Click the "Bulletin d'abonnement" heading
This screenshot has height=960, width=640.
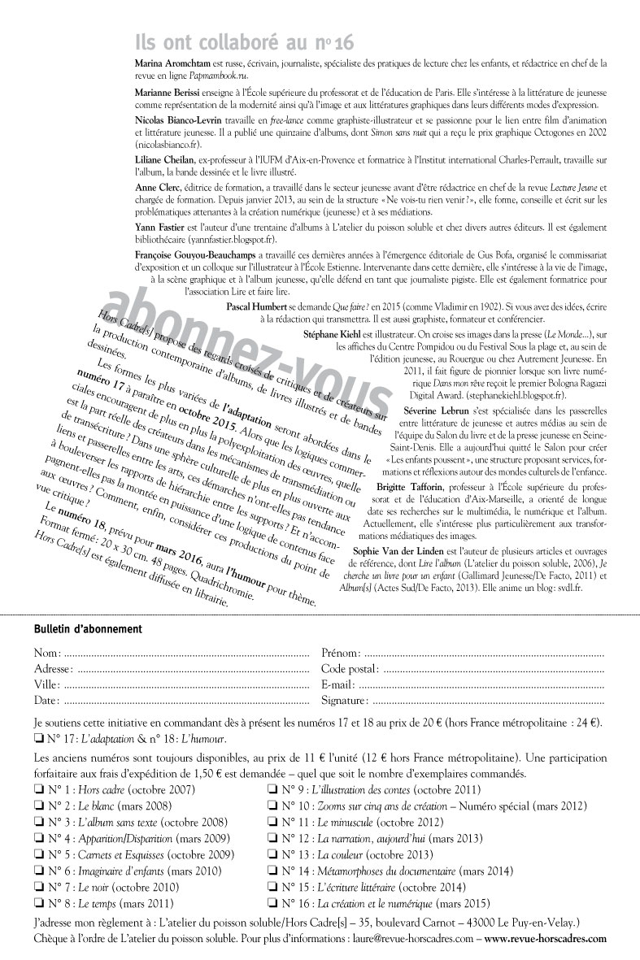(88, 629)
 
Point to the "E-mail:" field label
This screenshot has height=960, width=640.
(338, 684)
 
